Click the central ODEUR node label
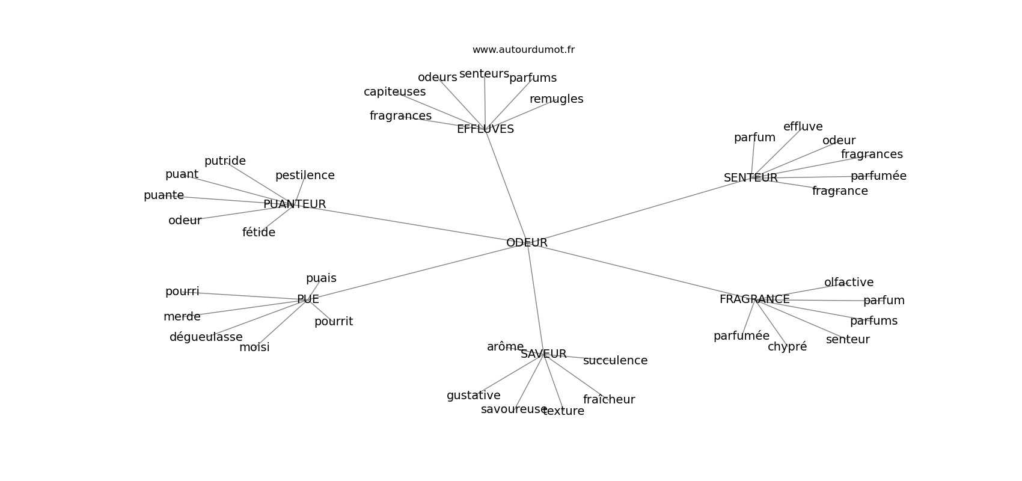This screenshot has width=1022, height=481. (527, 243)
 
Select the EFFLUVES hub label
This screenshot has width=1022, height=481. (485, 129)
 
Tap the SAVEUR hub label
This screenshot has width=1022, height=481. (543, 354)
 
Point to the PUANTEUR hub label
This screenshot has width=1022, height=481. (295, 204)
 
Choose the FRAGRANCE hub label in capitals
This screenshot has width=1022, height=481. (754, 299)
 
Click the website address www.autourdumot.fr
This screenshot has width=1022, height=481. (523, 50)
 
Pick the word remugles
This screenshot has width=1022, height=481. (556, 99)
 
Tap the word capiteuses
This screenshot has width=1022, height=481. (394, 92)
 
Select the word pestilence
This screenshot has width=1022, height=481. (305, 176)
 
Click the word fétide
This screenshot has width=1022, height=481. (259, 233)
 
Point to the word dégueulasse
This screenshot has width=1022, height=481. (206, 337)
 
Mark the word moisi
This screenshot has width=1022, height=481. (254, 348)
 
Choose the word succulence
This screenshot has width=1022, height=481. (615, 361)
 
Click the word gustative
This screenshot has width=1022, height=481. (473, 396)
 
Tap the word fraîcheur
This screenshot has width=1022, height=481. (608, 400)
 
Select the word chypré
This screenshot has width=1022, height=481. (787, 347)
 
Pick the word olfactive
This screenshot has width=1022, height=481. (848, 283)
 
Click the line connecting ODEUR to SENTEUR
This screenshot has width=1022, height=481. (637, 210)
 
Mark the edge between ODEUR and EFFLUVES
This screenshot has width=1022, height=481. (506, 186)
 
